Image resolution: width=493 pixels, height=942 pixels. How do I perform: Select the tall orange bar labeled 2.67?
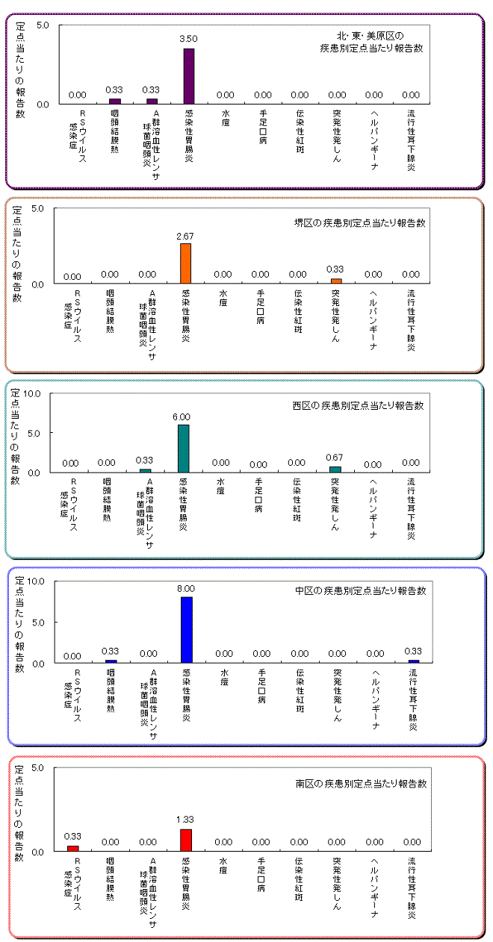[x=186, y=263]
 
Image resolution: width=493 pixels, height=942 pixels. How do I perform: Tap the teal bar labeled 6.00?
[x=184, y=449]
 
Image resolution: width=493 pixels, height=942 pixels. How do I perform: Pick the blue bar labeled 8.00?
[x=187, y=629]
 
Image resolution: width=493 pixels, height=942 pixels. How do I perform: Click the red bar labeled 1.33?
[x=186, y=840]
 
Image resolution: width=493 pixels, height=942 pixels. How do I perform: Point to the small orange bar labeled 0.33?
[x=335, y=281]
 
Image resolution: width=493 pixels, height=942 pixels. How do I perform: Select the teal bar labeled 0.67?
[x=335, y=470]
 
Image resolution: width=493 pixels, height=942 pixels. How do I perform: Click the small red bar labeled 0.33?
[x=72, y=848]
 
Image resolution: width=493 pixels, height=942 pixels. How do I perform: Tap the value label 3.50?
[x=188, y=37]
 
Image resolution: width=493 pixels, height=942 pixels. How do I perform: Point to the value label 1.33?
[x=185, y=820]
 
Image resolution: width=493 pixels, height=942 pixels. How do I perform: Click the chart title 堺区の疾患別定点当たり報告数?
[x=359, y=223]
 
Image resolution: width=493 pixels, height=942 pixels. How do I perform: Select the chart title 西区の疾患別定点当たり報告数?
[x=358, y=406]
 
